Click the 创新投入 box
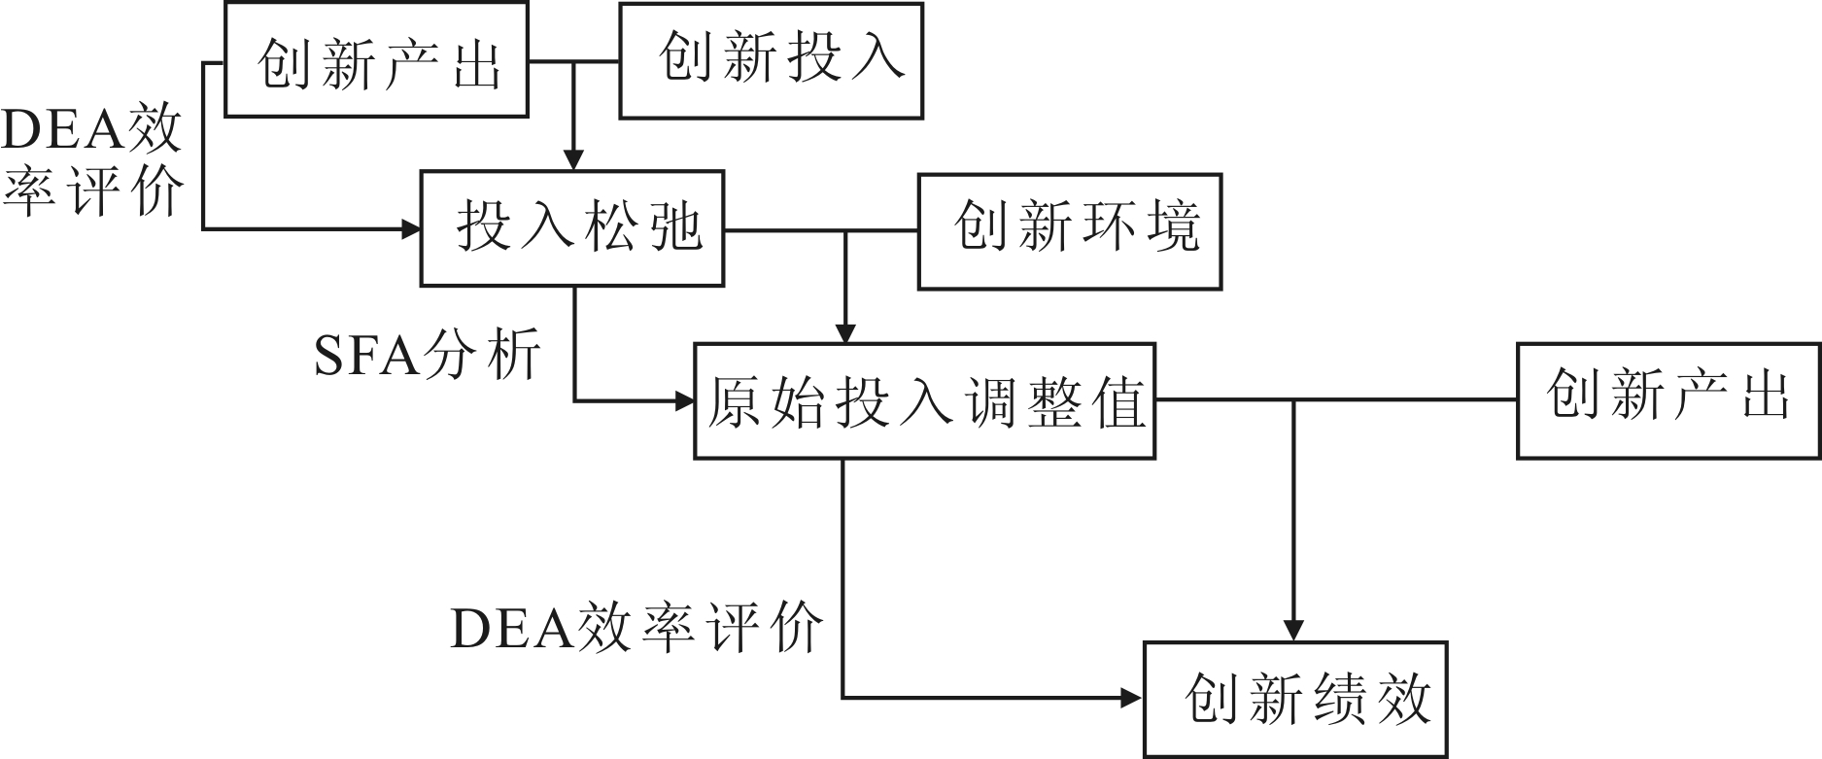click(x=772, y=61)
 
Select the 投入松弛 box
click(x=572, y=229)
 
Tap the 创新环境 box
click(x=1070, y=231)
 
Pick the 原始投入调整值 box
click(x=924, y=400)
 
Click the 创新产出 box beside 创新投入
click(x=377, y=59)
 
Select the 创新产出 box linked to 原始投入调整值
click(x=1668, y=400)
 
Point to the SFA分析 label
click(x=428, y=356)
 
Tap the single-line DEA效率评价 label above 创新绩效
click(x=636, y=627)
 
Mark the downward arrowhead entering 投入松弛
click(x=574, y=160)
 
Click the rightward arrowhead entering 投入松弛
click(x=410, y=229)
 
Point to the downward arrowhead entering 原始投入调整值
click(x=845, y=332)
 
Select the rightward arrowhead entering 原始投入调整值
click(x=684, y=400)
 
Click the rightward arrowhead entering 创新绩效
click(x=1132, y=697)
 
